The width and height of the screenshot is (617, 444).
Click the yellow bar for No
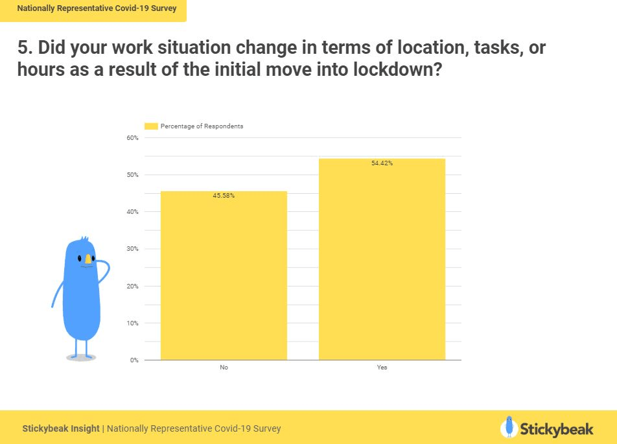click(224, 275)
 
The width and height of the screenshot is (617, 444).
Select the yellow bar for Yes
click(382, 259)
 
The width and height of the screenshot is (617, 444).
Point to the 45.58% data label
click(224, 196)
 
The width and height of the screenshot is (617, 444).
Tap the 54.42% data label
click(382, 163)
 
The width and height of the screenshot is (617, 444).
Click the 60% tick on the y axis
click(133, 138)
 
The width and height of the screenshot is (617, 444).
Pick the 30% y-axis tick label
click(133, 249)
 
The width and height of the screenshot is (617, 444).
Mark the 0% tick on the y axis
click(134, 360)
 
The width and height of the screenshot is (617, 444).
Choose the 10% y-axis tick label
click(133, 323)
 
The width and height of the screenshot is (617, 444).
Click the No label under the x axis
click(224, 368)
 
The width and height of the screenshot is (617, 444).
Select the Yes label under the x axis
click(382, 368)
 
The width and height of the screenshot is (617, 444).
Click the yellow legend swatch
click(151, 126)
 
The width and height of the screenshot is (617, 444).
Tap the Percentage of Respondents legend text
click(202, 126)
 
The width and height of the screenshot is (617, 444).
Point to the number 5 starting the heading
click(23, 47)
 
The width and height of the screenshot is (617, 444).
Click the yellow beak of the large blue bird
click(88, 259)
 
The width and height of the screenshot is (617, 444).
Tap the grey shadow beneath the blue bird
click(81, 358)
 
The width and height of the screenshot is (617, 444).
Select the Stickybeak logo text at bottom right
click(556, 429)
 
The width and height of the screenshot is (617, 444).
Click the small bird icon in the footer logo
click(509, 427)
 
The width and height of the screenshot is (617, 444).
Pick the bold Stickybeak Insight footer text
click(61, 428)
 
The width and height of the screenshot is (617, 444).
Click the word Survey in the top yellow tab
click(164, 8)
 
